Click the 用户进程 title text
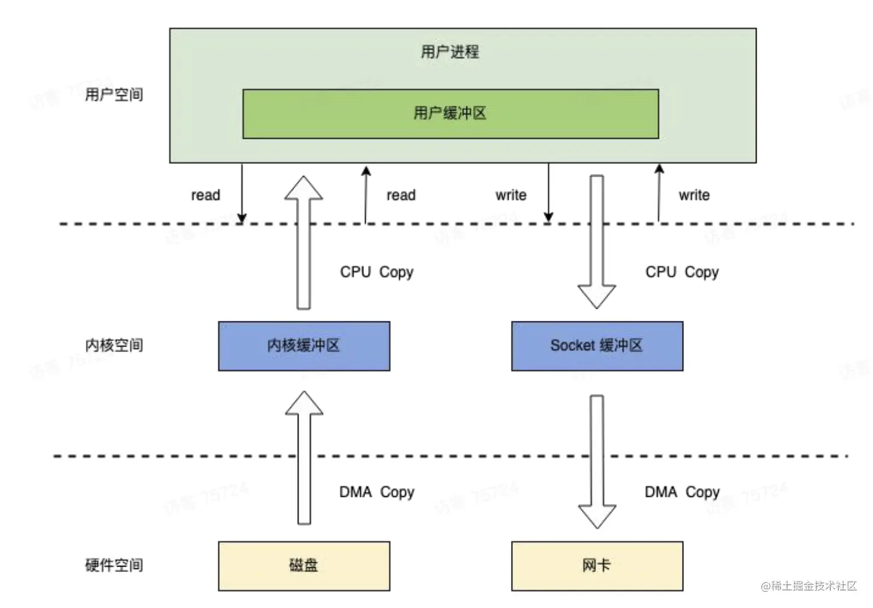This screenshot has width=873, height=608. pos(450,52)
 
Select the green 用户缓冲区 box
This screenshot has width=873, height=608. pos(450,114)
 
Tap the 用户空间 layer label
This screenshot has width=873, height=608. pos(114,94)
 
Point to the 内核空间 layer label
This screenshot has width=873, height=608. pos(114,345)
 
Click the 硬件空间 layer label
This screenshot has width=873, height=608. pos(114,565)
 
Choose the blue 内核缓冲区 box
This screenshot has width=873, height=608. pos(304,345)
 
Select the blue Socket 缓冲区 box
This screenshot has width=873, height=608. pos(597,345)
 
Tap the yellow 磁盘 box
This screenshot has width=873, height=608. pos(304,565)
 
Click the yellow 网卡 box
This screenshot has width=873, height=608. pos(597,565)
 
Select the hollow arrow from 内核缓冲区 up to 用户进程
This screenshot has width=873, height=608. pos(304,243)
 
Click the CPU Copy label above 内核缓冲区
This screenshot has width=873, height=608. pos(376,272)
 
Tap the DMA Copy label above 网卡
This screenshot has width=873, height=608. pos(681,492)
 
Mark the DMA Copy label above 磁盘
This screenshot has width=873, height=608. pos(376,492)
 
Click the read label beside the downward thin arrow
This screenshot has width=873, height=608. pos(205,195)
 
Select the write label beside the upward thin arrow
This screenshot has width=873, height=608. pos(694,195)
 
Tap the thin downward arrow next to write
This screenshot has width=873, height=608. pos(548,192)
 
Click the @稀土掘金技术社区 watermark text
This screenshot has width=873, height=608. pos(809,586)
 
